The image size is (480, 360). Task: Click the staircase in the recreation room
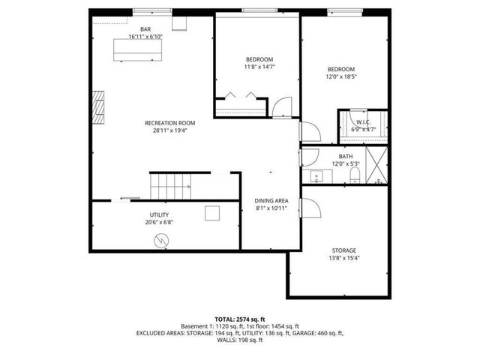pyautogui.click(x=171, y=184)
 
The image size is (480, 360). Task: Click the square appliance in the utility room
pyautogui.click(x=213, y=214)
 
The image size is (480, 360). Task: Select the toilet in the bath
pyautogui.click(x=355, y=175)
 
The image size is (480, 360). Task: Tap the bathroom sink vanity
pyautogui.click(x=316, y=177)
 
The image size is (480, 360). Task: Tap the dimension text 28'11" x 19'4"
pyautogui.click(x=171, y=130)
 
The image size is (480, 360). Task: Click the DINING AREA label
pyautogui.click(x=271, y=200)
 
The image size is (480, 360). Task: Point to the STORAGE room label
pyautogui.click(x=344, y=250)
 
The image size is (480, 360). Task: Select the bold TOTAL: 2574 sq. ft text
pyautogui.click(x=239, y=319)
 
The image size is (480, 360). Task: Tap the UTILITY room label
pyautogui.click(x=159, y=214)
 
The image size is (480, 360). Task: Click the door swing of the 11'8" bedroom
pyautogui.click(x=280, y=107)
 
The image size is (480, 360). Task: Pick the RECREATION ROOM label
pyautogui.click(x=171, y=123)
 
